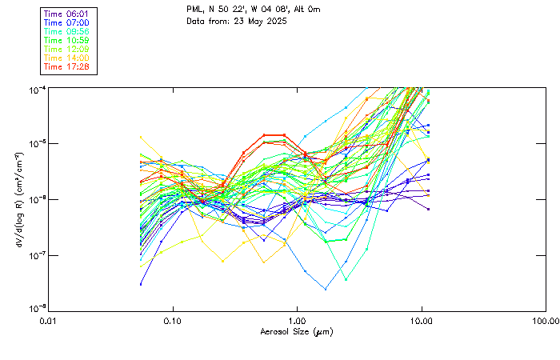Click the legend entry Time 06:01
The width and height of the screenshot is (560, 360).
coord(67,14)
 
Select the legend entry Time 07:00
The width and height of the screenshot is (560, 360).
coord(67,22)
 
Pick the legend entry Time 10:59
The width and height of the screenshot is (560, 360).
coord(67,40)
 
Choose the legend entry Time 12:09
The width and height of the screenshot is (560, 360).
coord(67,49)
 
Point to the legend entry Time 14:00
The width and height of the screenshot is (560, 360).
coord(67,58)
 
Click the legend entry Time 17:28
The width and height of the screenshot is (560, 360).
coord(67,66)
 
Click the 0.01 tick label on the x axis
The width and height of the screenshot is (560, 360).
coord(49,321)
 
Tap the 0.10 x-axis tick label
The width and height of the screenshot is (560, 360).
coord(173,321)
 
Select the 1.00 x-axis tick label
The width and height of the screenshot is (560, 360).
coord(298,321)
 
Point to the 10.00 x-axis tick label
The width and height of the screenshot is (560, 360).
coord(422,321)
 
